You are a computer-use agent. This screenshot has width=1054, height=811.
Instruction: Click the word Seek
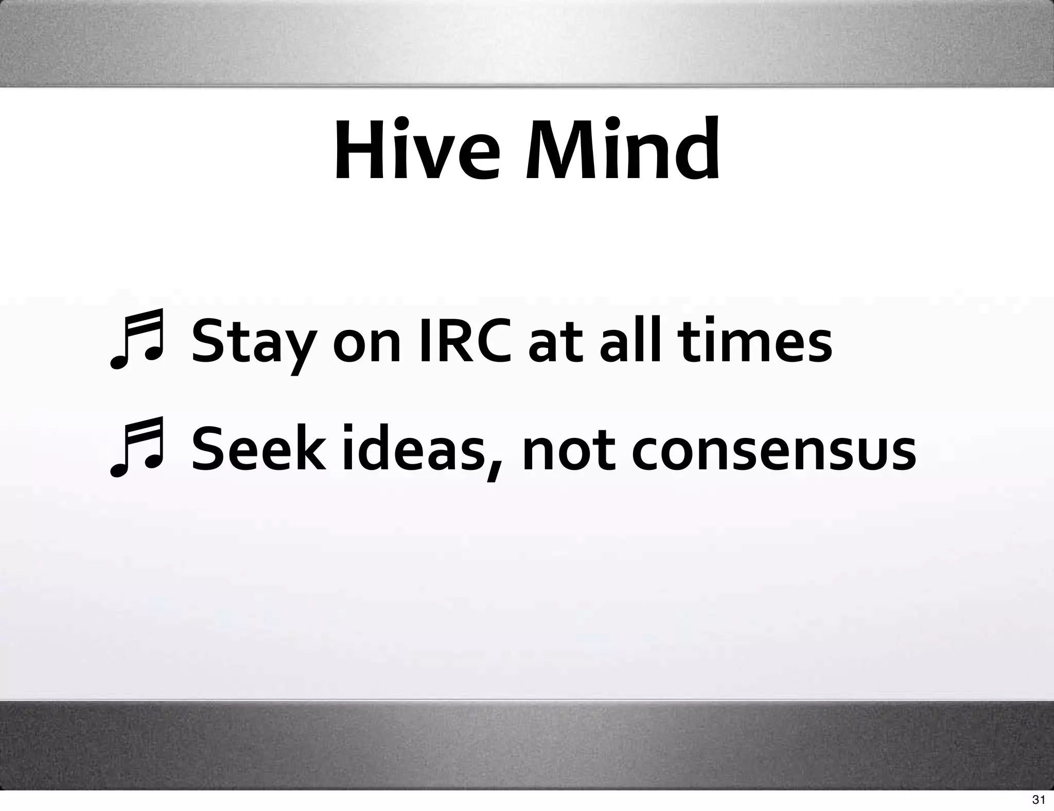coord(259,448)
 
